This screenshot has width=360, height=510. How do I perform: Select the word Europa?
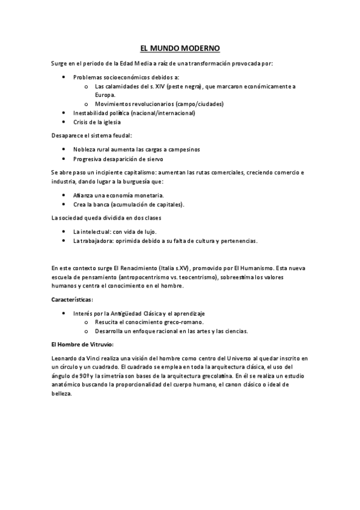click(x=105, y=94)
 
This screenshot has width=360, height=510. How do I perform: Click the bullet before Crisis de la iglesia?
click(x=64, y=121)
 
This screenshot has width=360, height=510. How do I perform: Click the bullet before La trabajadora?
click(x=64, y=241)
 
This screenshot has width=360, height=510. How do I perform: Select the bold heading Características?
click(x=72, y=299)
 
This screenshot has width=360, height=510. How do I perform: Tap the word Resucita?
click(x=108, y=322)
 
